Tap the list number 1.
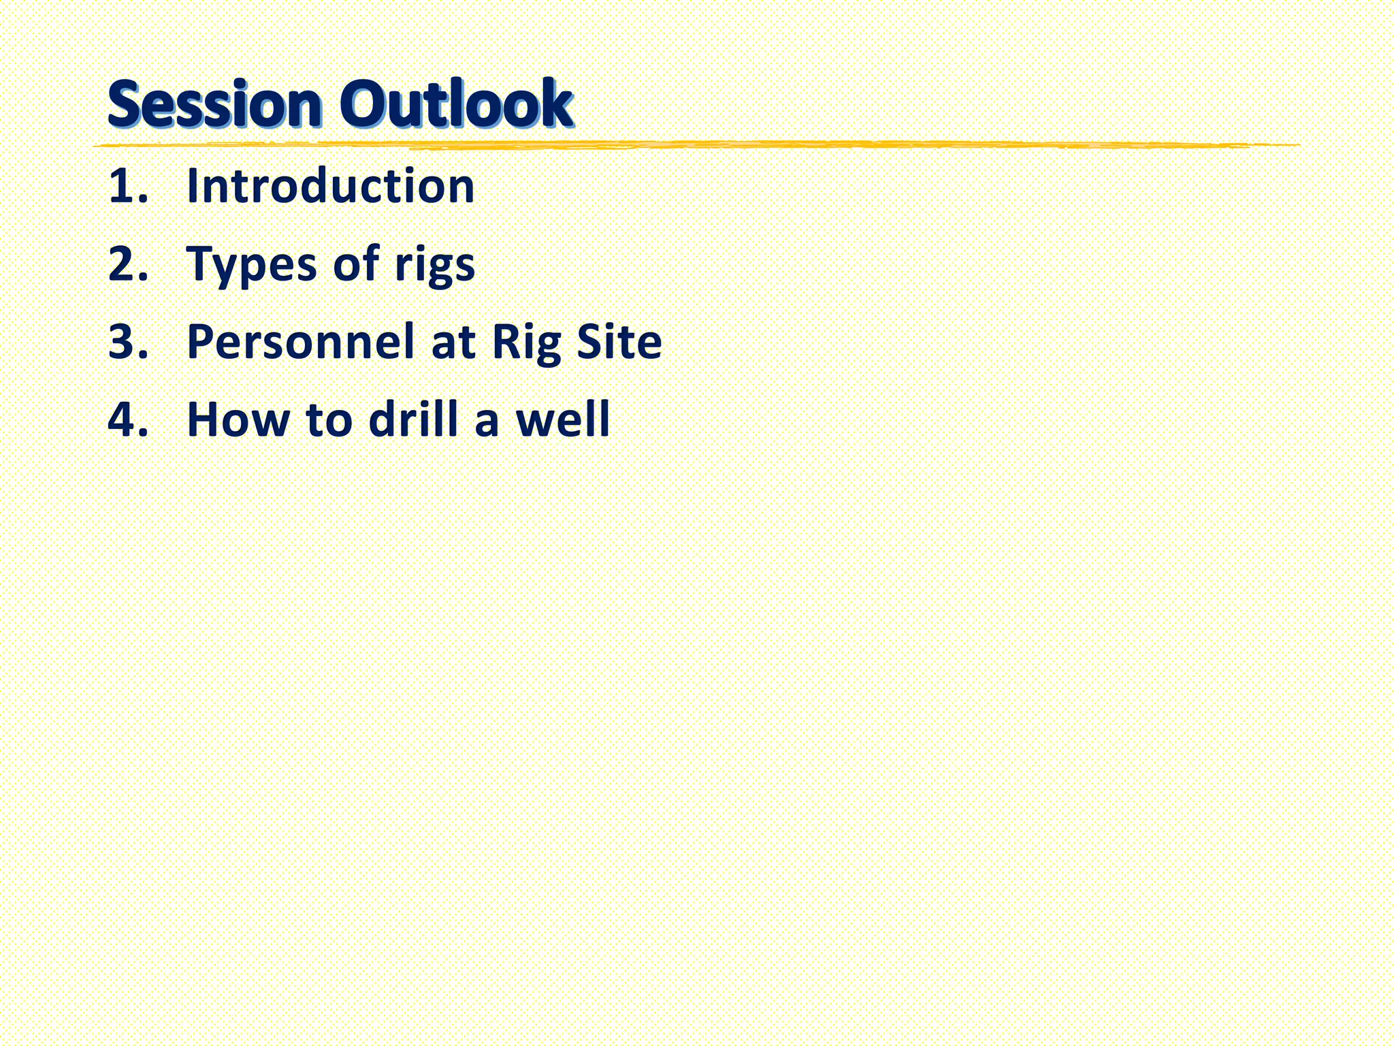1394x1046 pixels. [127, 186]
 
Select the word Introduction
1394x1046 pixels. [331, 186]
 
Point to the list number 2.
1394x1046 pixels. [127, 264]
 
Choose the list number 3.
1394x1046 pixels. [127, 341]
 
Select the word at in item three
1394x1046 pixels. [453, 343]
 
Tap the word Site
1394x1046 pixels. [619, 341]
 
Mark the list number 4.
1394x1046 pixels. [127, 419]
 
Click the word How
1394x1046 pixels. [238, 419]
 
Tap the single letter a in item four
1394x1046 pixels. [487, 422]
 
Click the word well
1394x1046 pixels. [563, 419]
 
